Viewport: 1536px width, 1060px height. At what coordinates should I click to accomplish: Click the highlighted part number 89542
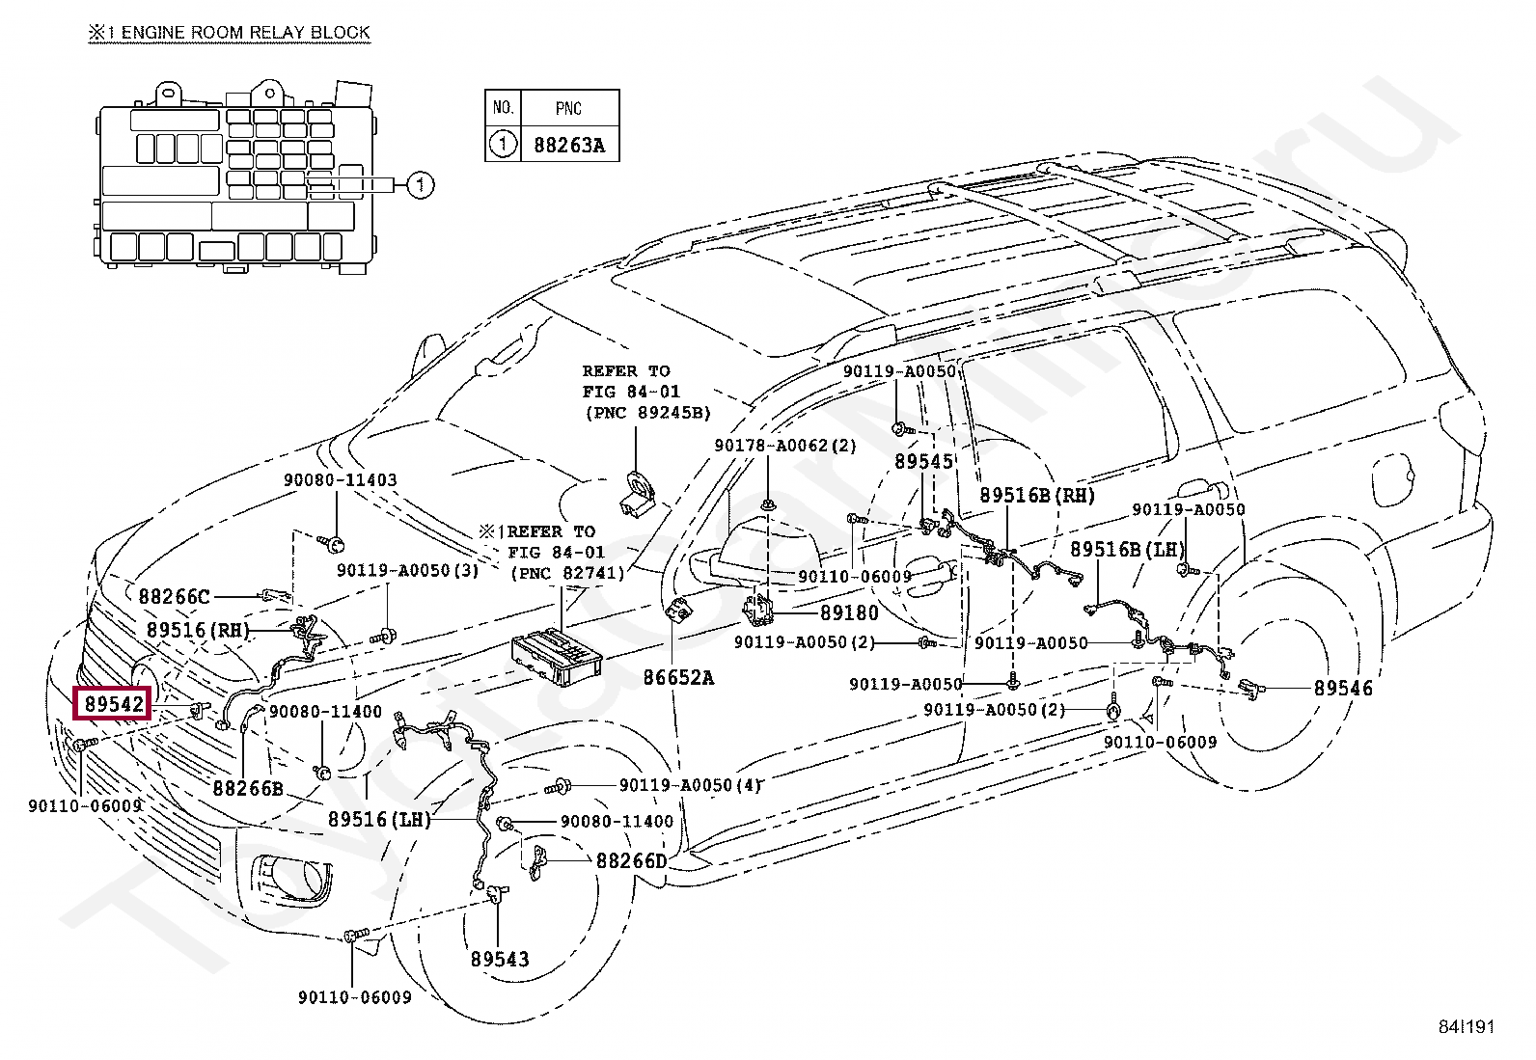coord(113,703)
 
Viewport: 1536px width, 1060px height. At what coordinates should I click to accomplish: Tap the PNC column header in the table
coord(569,108)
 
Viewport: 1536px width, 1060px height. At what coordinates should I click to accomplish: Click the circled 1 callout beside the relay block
coord(421,185)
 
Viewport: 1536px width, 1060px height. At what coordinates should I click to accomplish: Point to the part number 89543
coord(499,959)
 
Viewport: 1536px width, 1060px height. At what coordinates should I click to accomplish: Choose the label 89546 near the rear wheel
coord(1343,688)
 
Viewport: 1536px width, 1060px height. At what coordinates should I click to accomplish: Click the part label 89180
coord(849,612)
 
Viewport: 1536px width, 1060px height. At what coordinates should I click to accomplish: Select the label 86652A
coord(678,677)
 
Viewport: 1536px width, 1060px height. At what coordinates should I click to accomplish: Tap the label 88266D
coord(632,860)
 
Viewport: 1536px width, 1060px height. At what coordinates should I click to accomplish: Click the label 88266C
coord(175,596)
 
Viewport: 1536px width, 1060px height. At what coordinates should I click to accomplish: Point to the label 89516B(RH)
coord(1037,495)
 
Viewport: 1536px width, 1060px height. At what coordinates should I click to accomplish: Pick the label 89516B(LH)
coord(1127,549)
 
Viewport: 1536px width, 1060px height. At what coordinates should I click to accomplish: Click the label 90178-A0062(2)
coord(785,446)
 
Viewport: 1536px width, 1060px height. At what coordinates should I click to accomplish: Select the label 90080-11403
coord(341,480)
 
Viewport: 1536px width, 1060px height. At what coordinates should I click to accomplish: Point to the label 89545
coord(923,461)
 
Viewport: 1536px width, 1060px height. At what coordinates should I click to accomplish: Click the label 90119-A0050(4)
coord(691,785)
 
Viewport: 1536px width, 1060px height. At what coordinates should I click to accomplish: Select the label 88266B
coord(248,788)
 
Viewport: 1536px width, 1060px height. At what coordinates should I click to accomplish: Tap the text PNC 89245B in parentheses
coord(648,413)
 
